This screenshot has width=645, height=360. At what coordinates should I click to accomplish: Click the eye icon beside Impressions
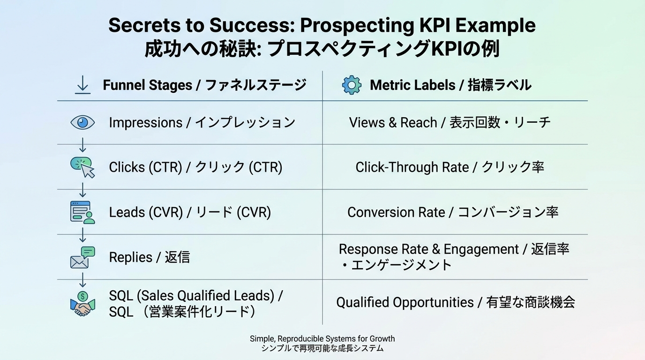pyautogui.click(x=82, y=122)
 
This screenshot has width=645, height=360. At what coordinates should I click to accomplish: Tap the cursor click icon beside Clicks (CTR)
pyautogui.click(x=83, y=167)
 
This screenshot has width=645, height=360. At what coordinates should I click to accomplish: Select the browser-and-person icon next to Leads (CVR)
pyautogui.click(x=82, y=212)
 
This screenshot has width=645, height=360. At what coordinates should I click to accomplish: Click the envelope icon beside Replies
pyautogui.click(x=82, y=257)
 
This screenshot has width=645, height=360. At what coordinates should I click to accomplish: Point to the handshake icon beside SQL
pyautogui.click(x=82, y=304)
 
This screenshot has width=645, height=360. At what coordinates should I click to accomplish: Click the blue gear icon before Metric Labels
pyautogui.click(x=352, y=85)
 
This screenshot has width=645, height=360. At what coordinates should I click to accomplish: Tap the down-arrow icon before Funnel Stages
pyautogui.click(x=83, y=85)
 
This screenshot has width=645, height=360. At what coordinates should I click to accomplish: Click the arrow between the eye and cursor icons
pyautogui.click(x=83, y=145)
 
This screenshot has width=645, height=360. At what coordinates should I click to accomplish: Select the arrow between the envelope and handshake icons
pyautogui.click(x=83, y=280)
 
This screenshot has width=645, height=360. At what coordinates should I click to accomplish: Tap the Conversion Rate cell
pyautogui.click(x=453, y=212)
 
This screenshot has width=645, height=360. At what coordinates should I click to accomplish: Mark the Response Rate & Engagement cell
pyautogui.click(x=454, y=256)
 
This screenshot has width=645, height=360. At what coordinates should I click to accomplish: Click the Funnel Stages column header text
pyautogui.click(x=204, y=85)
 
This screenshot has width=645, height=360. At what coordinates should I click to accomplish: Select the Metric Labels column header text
pyautogui.click(x=450, y=85)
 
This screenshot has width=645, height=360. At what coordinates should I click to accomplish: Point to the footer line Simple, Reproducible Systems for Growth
pyautogui.click(x=322, y=338)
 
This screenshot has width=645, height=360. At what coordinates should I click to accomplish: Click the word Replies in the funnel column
pyautogui.click(x=131, y=257)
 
